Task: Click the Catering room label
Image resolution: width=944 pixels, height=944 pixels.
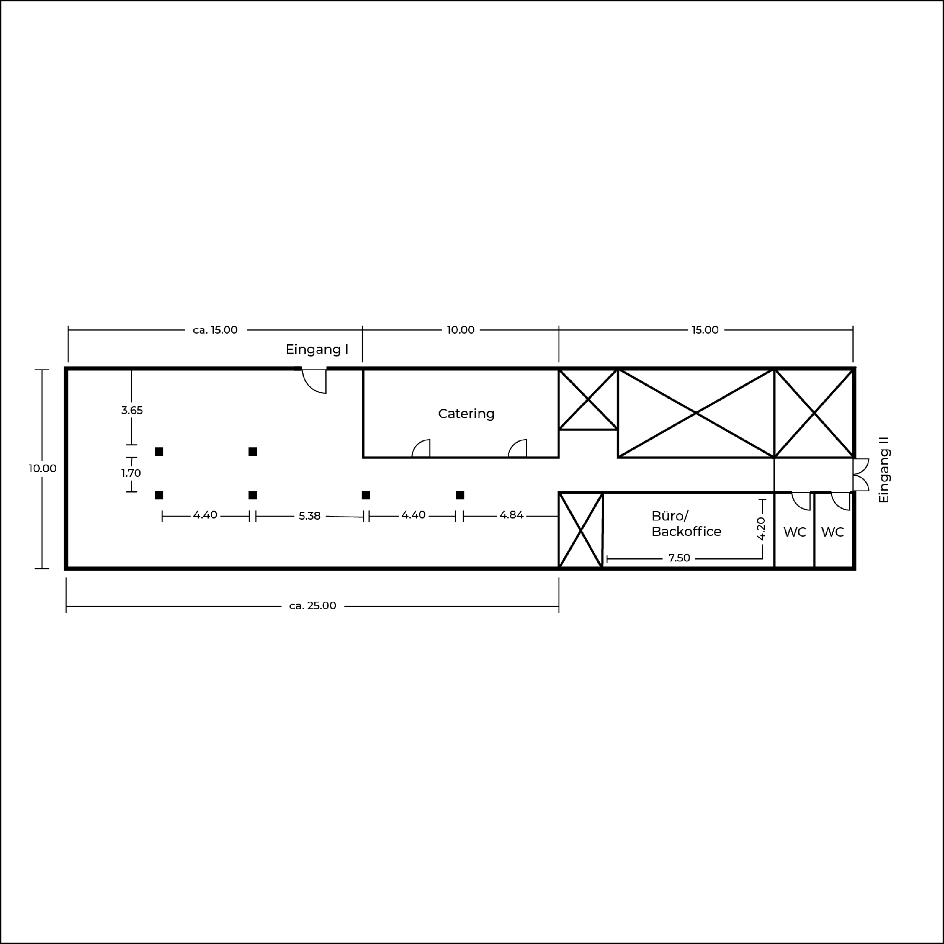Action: click(466, 414)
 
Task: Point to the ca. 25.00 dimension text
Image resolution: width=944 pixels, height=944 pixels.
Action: click(313, 606)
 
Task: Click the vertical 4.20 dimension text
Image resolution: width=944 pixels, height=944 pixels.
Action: click(761, 529)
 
